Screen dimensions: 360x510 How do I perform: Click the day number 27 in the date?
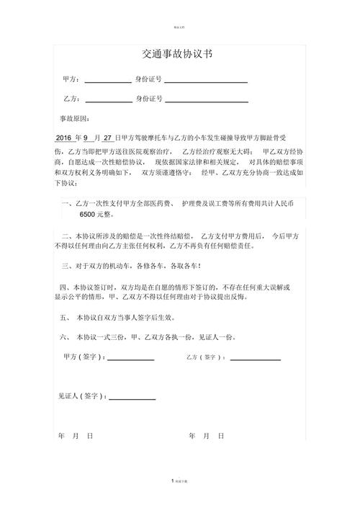click(108, 137)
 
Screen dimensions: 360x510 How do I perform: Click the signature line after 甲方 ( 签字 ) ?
click(131, 359)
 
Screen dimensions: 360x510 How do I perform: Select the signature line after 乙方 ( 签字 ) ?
click(255, 359)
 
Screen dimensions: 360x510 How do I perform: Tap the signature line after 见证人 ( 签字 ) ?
click(132, 398)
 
